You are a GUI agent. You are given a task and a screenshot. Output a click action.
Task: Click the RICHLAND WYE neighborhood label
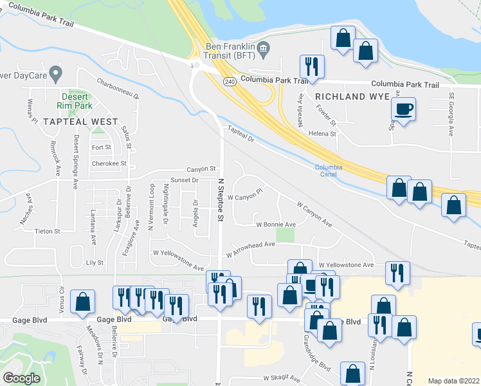(x=352, y=96)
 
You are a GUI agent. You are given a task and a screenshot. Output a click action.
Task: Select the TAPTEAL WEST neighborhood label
(x=81, y=122)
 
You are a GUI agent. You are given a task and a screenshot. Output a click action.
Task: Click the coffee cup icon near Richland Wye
(x=403, y=109)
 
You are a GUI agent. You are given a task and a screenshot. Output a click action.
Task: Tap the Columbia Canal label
(x=329, y=170)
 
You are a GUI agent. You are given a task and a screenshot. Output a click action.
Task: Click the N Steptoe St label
(x=220, y=201)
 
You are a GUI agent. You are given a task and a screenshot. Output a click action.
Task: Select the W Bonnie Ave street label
(x=276, y=225)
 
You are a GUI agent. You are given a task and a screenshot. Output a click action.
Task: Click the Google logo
(x=21, y=378)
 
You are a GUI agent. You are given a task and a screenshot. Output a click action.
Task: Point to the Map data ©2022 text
(x=453, y=381)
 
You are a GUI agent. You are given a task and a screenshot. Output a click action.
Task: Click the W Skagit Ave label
(x=282, y=379)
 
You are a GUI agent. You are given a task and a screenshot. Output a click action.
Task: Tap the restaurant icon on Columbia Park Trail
(x=312, y=67)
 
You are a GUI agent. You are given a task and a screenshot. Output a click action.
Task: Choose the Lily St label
(x=95, y=263)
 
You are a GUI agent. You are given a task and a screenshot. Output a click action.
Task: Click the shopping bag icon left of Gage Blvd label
(x=83, y=302)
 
